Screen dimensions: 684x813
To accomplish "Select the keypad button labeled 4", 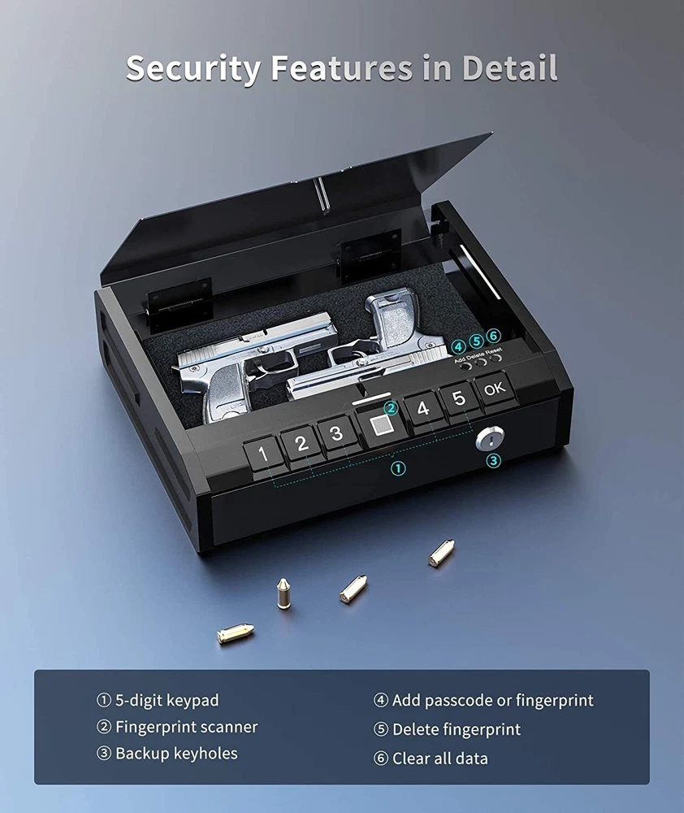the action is [x=423, y=409].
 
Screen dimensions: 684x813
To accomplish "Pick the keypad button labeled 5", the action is [x=459, y=399].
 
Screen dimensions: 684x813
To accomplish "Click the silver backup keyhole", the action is [x=489, y=440].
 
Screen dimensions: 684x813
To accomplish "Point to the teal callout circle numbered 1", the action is [x=397, y=469].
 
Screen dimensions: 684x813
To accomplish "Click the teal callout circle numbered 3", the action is [x=493, y=460].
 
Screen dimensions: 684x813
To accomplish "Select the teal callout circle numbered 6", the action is [x=494, y=336].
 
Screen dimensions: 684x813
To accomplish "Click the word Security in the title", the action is [x=193, y=68].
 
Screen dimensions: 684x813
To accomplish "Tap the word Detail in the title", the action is [x=509, y=67].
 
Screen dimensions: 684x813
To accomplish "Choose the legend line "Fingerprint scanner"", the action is [x=177, y=727].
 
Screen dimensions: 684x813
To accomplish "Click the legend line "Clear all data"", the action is [x=431, y=759].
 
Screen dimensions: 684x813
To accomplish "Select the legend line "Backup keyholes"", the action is [x=167, y=754].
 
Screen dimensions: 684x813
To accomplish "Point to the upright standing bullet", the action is [x=283, y=593].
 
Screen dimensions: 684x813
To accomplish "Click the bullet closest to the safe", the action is [x=442, y=553].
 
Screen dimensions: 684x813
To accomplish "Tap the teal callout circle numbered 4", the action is [x=458, y=347].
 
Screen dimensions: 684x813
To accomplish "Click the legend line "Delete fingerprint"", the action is [x=447, y=729].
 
